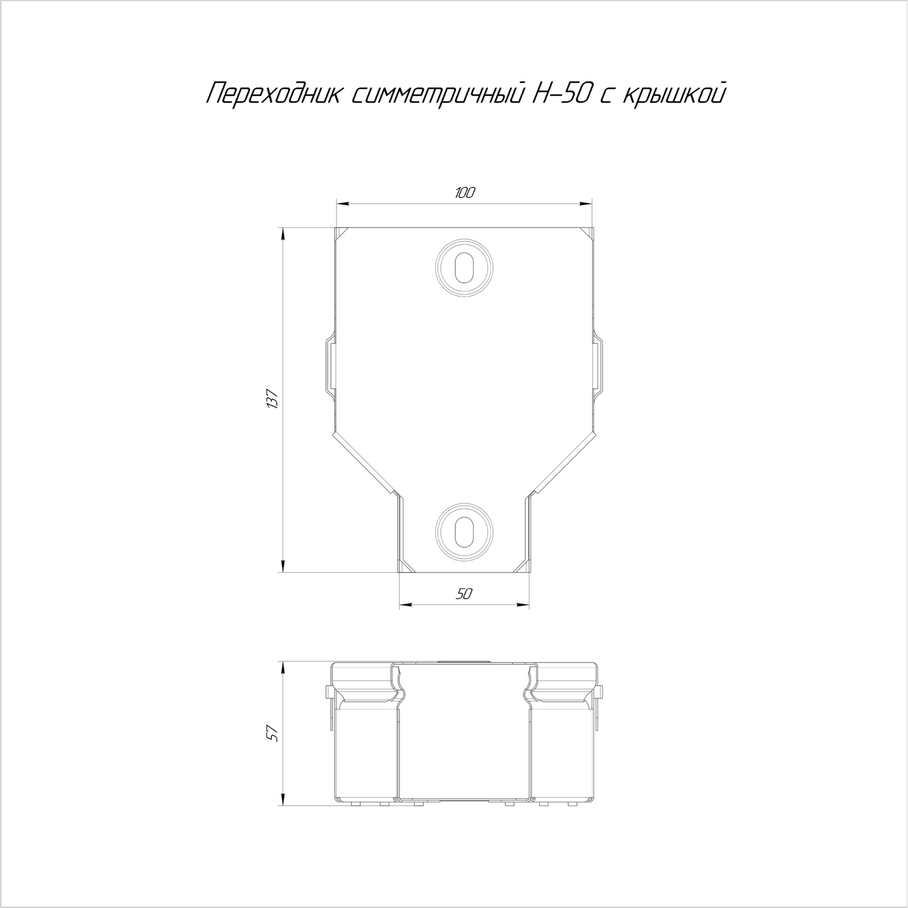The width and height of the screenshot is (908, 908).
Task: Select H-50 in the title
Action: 559,93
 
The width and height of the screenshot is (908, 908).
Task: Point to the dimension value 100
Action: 464,193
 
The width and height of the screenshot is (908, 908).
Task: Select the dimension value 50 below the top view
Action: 464,594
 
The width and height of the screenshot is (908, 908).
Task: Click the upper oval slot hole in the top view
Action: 464,266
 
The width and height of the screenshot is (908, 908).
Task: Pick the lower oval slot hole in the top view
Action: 464,530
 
